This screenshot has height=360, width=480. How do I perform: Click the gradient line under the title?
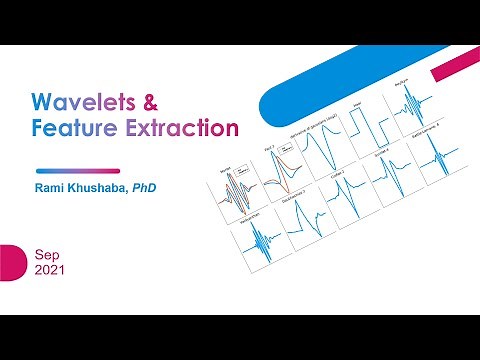point(77,170)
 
